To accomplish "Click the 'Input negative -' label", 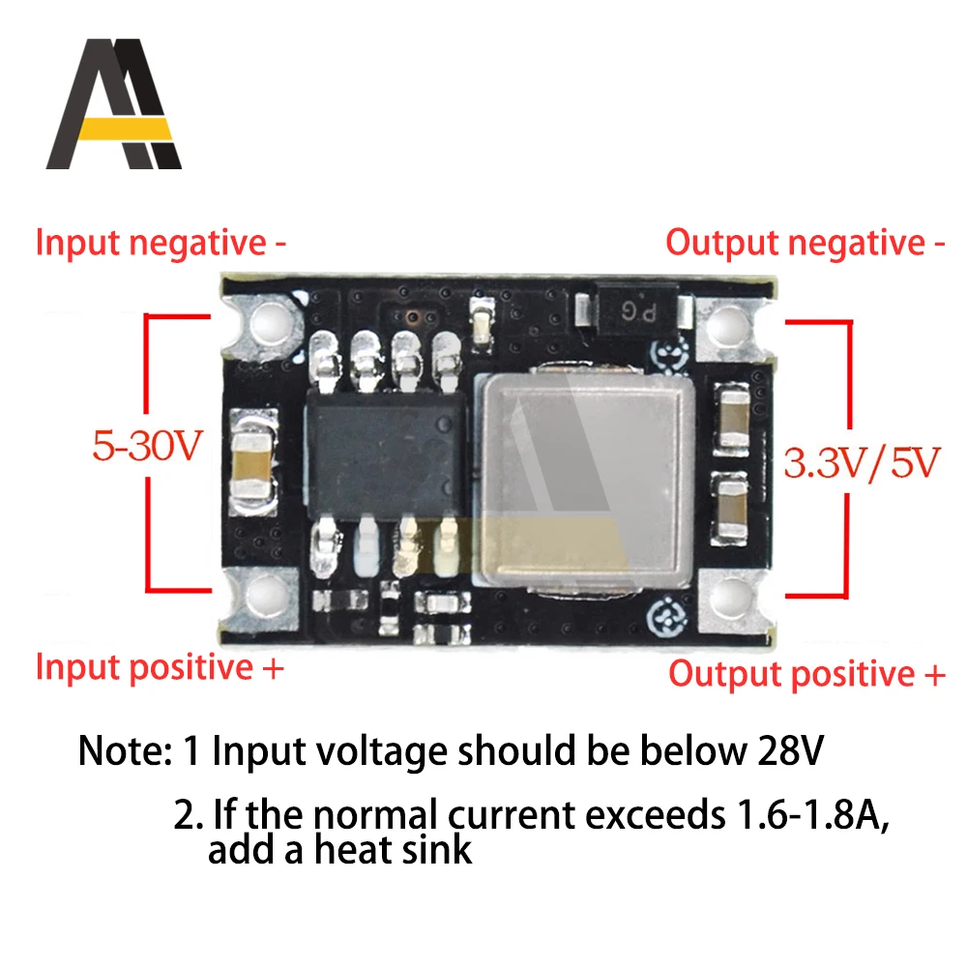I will click(161, 243).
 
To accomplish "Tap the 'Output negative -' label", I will click(805, 243).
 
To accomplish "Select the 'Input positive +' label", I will click(161, 667).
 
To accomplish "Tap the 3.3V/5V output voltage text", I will click(860, 464).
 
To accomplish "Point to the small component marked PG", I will click(632, 309).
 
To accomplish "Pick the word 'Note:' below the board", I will click(122, 750).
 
